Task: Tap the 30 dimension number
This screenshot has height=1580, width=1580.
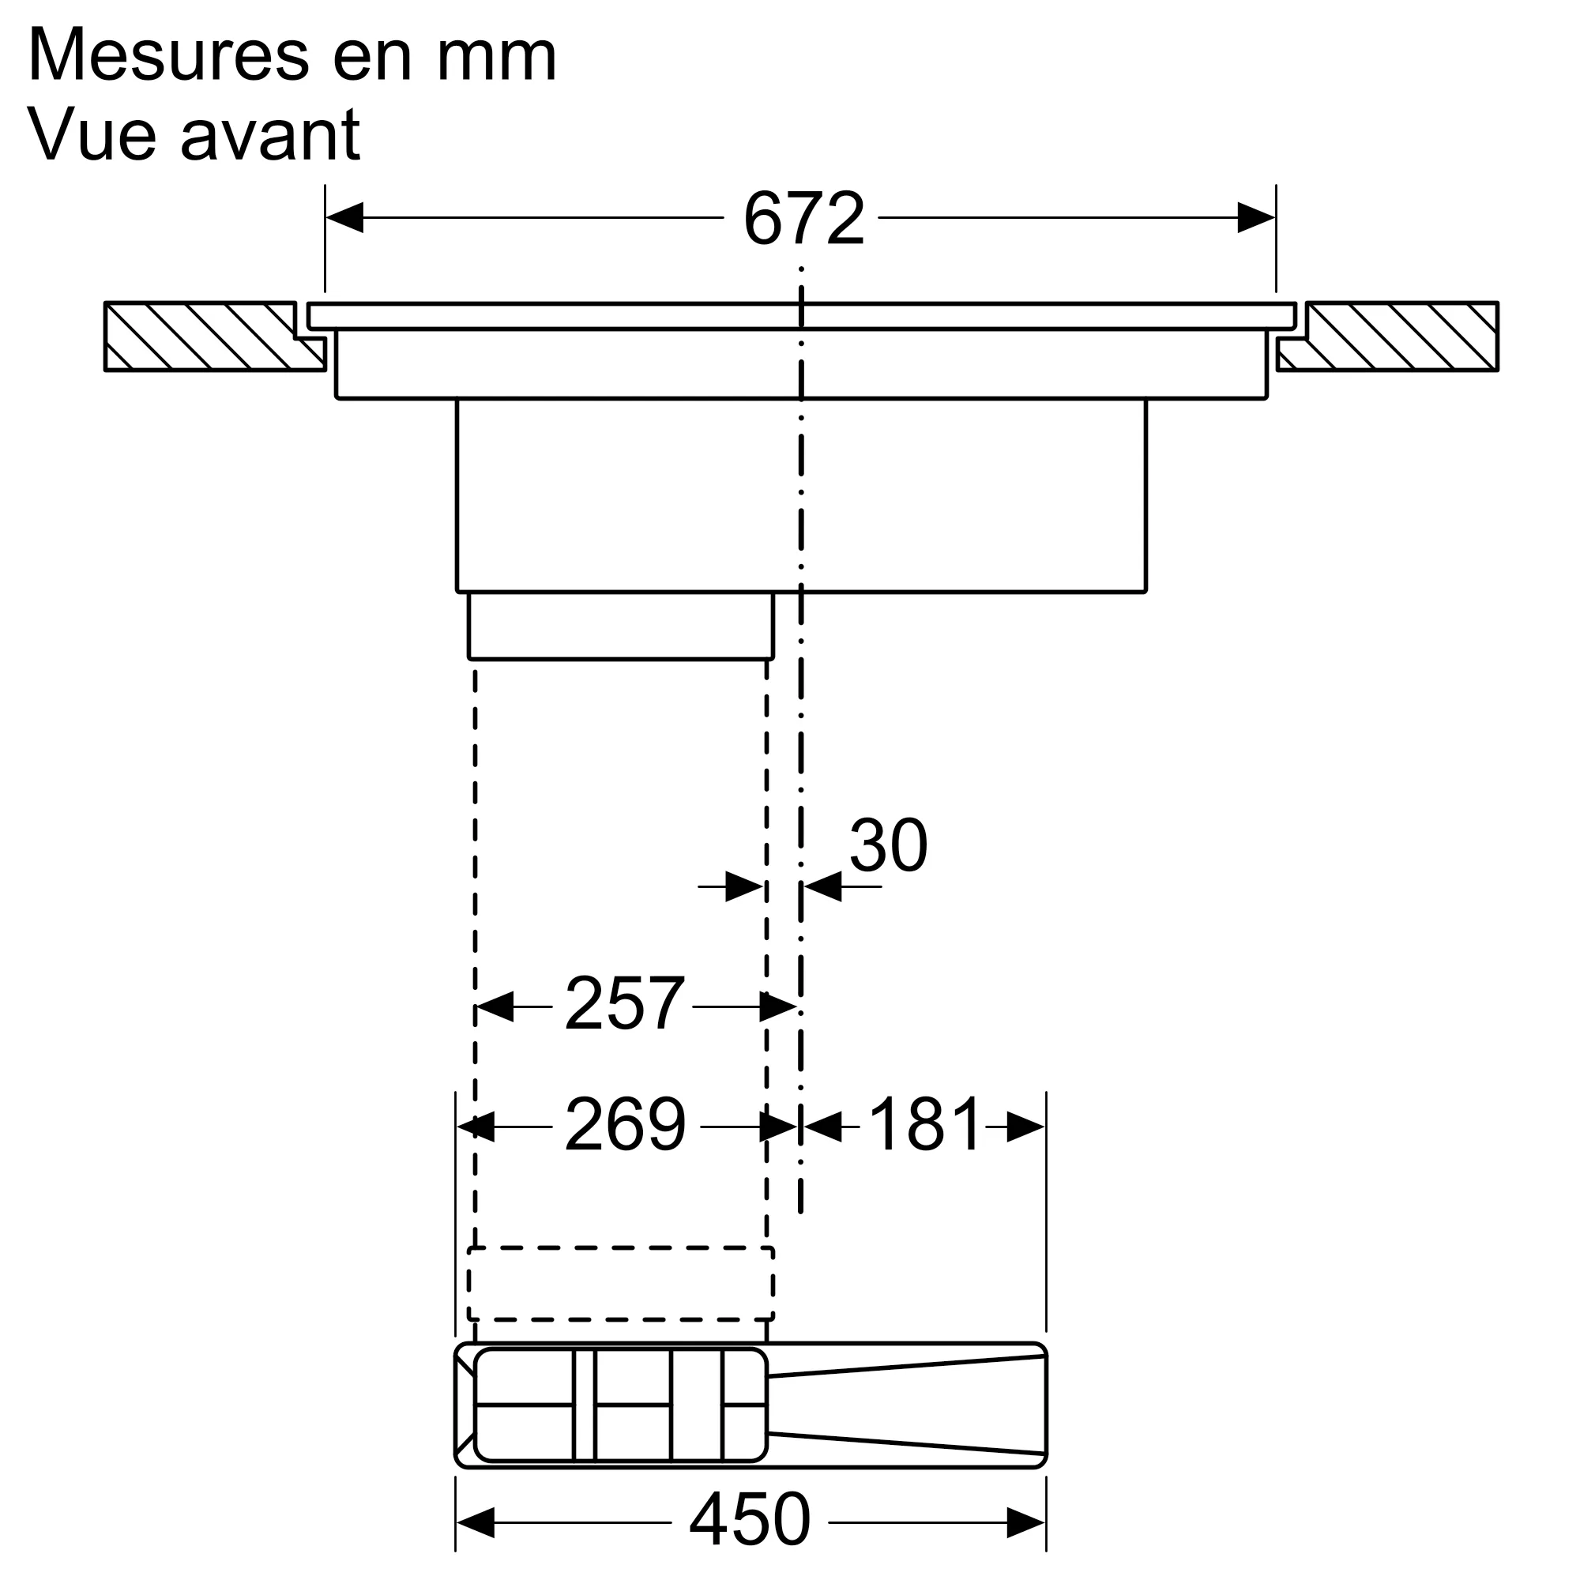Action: tap(888, 845)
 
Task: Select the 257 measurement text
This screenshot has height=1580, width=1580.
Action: tap(623, 1004)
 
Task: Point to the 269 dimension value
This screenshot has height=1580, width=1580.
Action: tap(625, 1125)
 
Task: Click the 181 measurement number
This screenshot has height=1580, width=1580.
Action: tap(924, 1125)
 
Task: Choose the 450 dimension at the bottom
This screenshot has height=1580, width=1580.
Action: tap(749, 1519)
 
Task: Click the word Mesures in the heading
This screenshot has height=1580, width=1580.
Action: tap(167, 55)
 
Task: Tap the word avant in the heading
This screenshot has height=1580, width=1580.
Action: tap(270, 135)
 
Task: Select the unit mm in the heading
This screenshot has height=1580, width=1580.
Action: tap(496, 55)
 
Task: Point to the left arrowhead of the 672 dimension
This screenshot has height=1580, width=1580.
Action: tap(344, 218)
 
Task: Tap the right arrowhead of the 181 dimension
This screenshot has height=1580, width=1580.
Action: tap(1026, 1127)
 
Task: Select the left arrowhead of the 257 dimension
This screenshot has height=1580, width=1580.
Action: tap(494, 1006)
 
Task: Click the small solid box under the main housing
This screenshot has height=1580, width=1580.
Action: tap(620, 626)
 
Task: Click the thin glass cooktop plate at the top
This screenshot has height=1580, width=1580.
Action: tap(801, 316)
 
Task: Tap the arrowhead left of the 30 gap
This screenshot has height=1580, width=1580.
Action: tap(744, 886)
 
